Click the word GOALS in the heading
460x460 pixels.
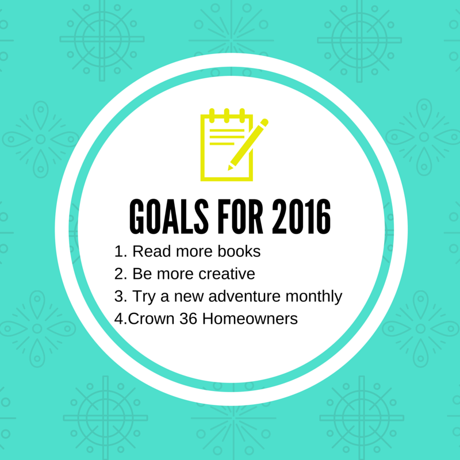pos(169,217)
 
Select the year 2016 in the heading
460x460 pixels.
pos(301,217)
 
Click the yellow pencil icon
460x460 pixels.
pos(248,144)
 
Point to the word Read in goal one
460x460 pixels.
pos(151,251)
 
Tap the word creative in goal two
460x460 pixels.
pos(227,274)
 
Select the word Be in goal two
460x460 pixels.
pos(142,274)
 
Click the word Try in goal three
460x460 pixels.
pos(144,297)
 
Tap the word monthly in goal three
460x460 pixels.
pos(313,297)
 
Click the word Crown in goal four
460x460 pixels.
pos(151,319)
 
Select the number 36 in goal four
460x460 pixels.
pos(189,319)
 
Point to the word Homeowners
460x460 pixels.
pos(250,319)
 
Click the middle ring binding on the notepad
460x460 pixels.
pos(227,116)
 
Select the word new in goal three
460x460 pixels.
pos(189,297)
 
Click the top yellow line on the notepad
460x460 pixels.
pos(227,131)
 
